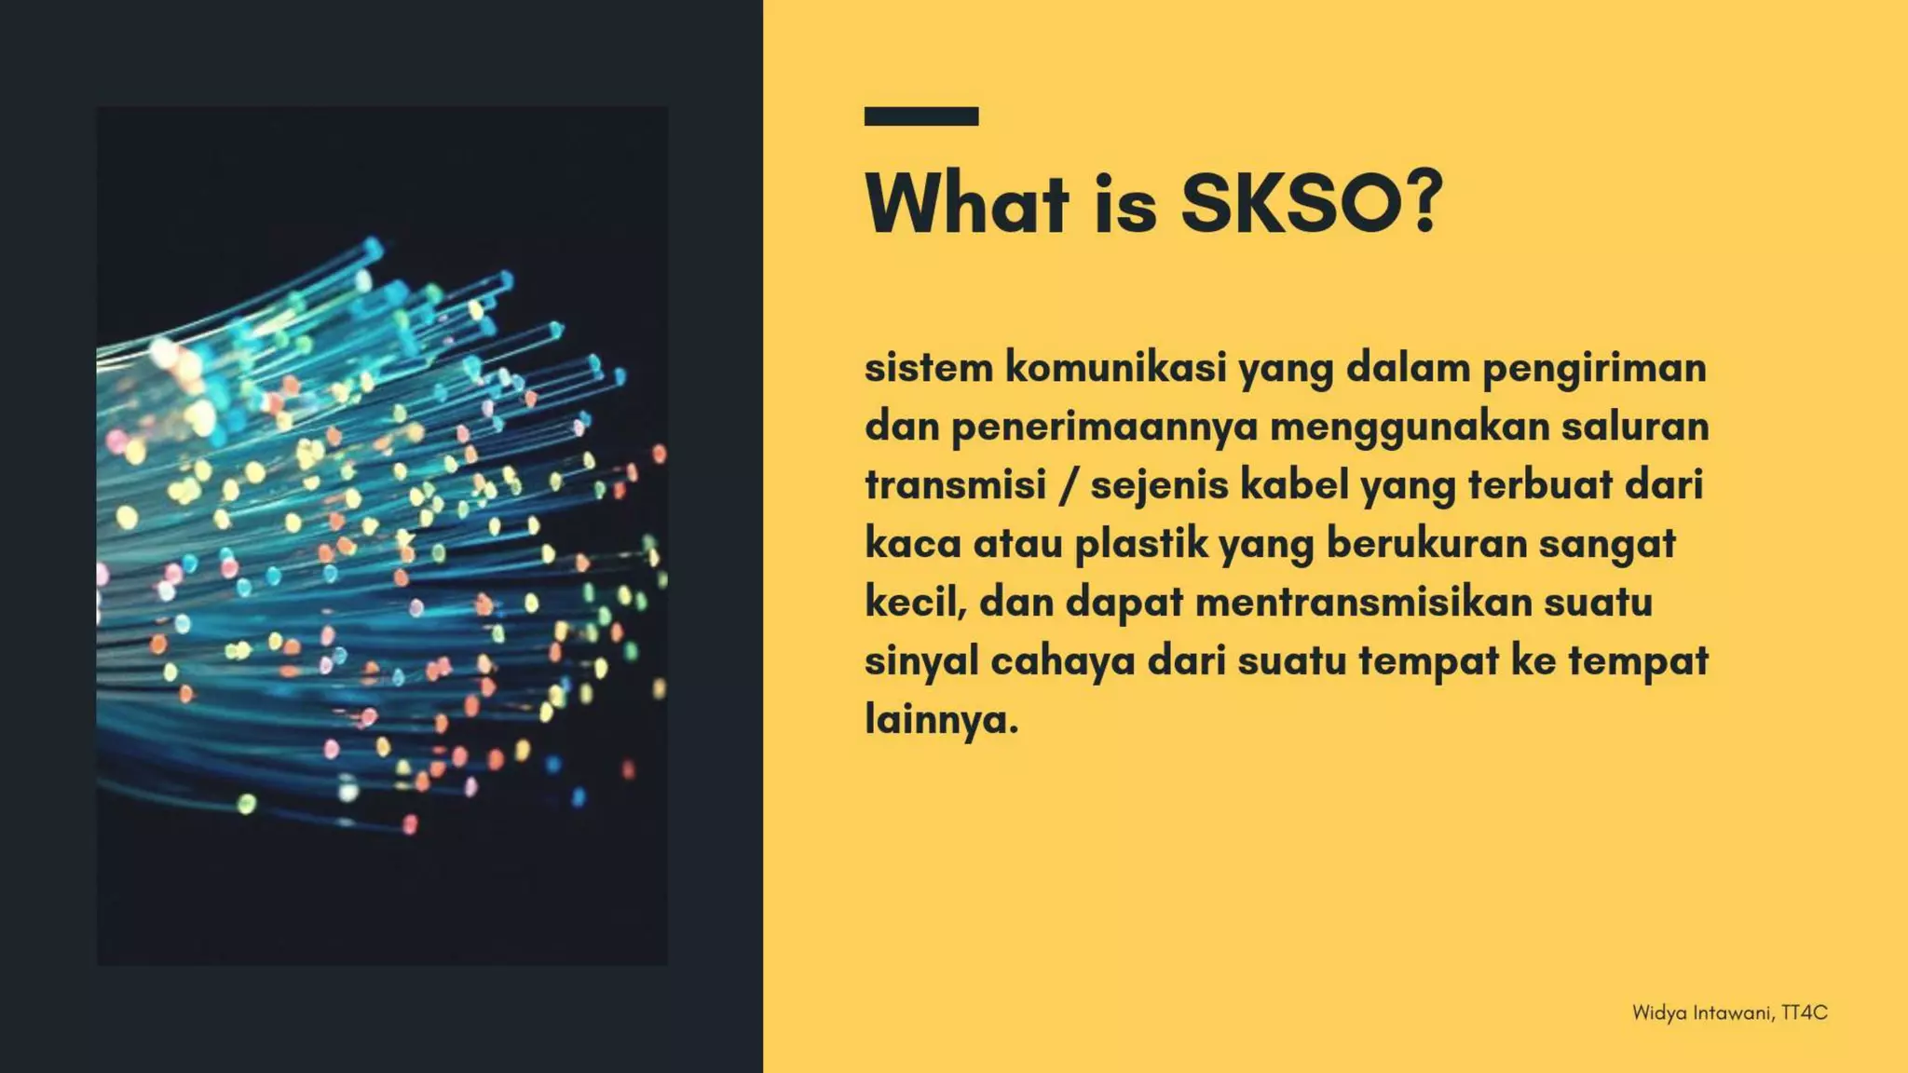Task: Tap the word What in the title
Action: click(x=967, y=202)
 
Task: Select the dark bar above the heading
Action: click(x=920, y=116)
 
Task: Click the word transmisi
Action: click(x=956, y=485)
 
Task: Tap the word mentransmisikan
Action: click(x=1363, y=603)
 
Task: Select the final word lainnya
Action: click(x=941, y=720)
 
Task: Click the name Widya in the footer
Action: click(x=1659, y=1013)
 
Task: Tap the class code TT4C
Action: click(x=1805, y=1012)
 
